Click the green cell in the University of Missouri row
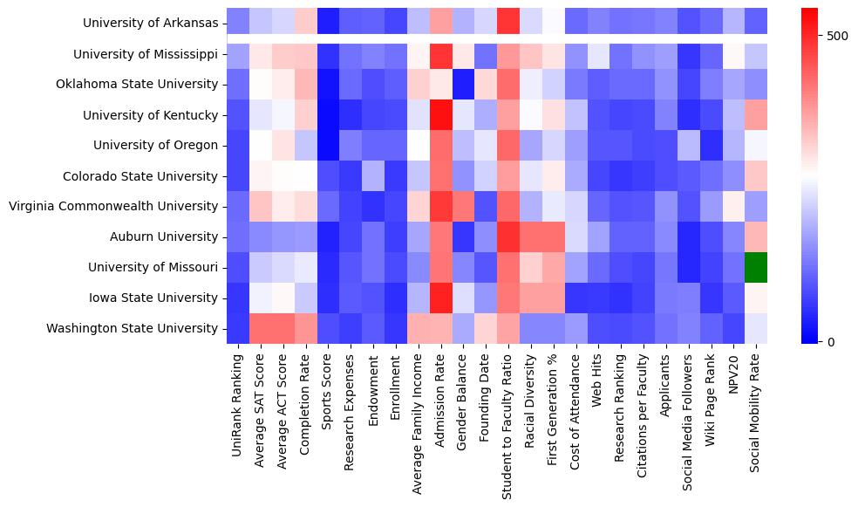tap(757, 267)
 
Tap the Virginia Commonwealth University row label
tap(112, 206)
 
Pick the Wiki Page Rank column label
tap(712, 402)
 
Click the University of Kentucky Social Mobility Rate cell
tap(757, 114)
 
